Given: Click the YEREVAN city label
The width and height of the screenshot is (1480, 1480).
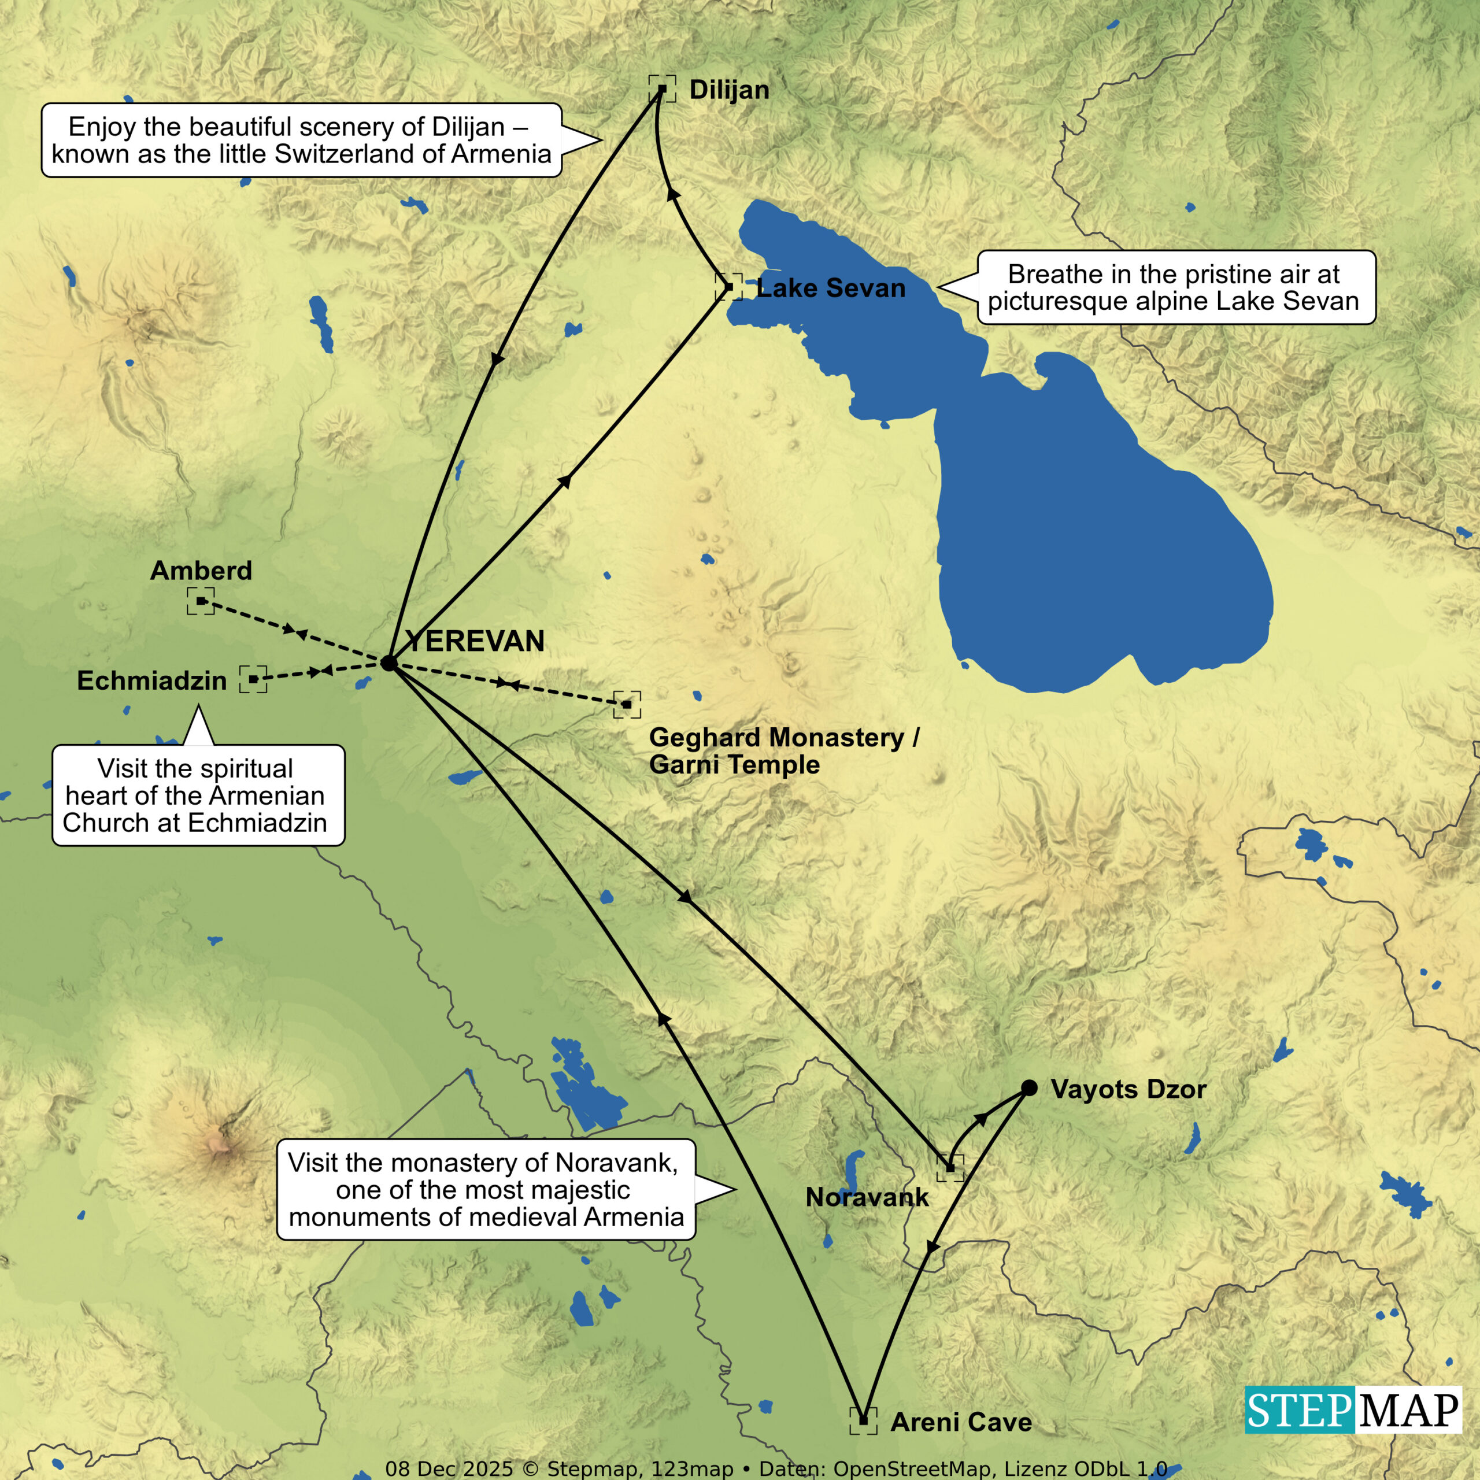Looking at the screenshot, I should (x=475, y=641).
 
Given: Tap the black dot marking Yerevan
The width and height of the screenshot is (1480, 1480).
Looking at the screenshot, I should (x=389, y=663).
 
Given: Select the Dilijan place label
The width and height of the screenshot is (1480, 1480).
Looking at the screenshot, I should (x=729, y=90).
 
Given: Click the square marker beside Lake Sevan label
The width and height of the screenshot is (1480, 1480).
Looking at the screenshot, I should (x=728, y=287).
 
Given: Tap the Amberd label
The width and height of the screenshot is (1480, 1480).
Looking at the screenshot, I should (x=201, y=570).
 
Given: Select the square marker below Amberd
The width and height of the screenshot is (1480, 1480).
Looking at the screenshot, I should (x=201, y=601).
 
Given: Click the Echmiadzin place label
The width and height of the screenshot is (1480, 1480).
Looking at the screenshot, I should (x=151, y=680).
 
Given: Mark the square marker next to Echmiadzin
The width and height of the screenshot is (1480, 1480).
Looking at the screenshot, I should (x=253, y=679).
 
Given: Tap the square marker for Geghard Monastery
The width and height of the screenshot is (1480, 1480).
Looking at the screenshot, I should (x=627, y=704).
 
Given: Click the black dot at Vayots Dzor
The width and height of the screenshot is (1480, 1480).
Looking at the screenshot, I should (x=1030, y=1088).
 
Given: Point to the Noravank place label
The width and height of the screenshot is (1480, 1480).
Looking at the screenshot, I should (x=867, y=1197).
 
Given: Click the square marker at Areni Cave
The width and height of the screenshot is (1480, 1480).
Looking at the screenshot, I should (x=863, y=1420).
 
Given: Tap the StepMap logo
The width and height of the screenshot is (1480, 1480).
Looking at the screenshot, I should (x=1353, y=1409).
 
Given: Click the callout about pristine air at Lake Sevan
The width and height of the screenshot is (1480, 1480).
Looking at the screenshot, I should (x=1176, y=287).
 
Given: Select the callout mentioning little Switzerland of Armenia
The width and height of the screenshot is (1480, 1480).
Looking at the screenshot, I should (x=301, y=140).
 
